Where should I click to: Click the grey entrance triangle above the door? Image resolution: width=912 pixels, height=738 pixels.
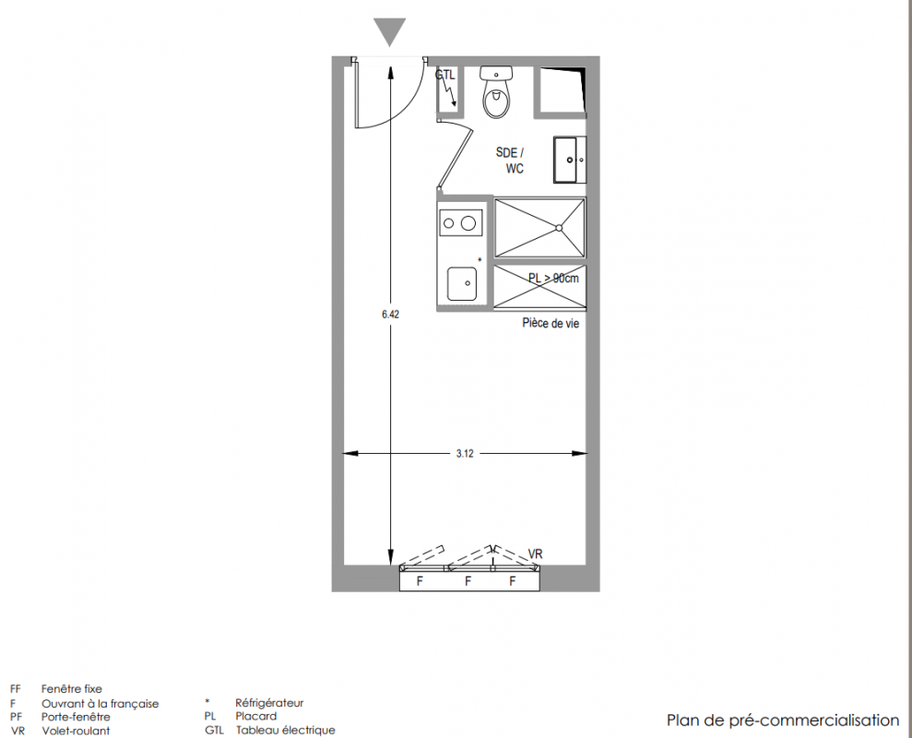click(x=390, y=30)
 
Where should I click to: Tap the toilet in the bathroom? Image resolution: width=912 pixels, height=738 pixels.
click(x=496, y=92)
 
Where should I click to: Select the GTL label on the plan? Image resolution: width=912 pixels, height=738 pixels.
click(x=445, y=75)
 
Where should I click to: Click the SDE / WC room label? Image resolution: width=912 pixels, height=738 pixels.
click(x=510, y=161)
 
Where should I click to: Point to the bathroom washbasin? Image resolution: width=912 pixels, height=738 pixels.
click(x=569, y=160)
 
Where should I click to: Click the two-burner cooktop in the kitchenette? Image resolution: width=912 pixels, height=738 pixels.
click(x=460, y=222)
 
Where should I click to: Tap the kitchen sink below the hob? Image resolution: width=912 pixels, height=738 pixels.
click(x=462, y=284)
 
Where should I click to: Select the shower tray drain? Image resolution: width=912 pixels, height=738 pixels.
click(x=559, y=228)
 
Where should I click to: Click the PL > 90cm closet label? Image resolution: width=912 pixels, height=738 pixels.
click(x=553, y=279)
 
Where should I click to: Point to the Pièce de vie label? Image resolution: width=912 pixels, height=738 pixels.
click(x=551, y=323)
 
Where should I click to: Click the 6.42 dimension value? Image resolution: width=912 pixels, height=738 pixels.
click(x=390, y=315)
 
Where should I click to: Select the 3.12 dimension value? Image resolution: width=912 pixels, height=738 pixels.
click(x=465, y=453)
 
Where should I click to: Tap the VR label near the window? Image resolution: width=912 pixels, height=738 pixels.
click(x=535, y=553)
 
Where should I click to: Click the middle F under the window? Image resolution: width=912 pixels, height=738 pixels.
click(x=468, y=581)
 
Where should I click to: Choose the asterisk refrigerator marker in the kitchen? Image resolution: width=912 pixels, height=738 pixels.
click(x=480, y=259)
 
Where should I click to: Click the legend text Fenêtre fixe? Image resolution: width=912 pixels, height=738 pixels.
click(x=72, y=689)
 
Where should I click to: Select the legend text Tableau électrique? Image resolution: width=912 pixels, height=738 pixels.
click(x=285, y=730)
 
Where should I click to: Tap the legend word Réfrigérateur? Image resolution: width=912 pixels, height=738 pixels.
click(x=269, y=703)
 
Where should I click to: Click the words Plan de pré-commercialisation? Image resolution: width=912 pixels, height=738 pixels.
click(x=783, y=720)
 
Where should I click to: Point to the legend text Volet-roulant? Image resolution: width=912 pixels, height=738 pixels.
click(x=76, y=731)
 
